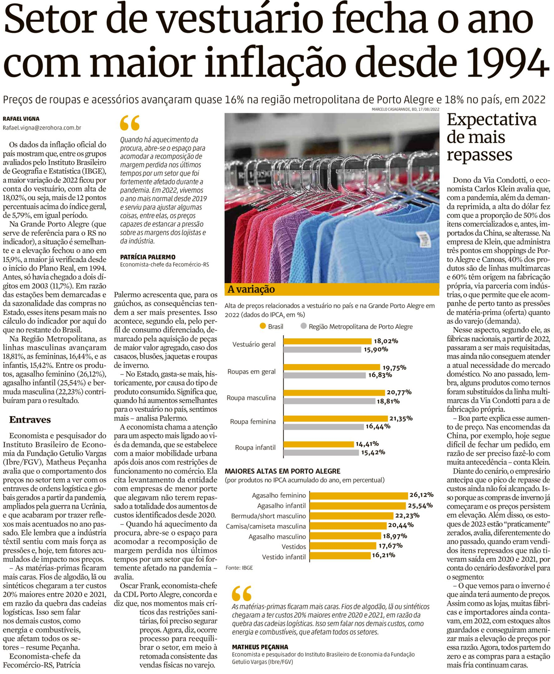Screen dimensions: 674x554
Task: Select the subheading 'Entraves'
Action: [x=30, y=419]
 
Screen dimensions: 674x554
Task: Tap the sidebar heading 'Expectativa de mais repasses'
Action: [x=491, y=137]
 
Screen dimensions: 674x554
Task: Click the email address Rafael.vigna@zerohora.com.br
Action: [x=42, y=128]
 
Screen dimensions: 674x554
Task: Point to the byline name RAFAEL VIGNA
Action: [x=21, y=119]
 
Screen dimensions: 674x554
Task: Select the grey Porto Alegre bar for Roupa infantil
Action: [x=321, y=452]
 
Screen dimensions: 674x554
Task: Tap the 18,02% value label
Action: [x=386, y=341]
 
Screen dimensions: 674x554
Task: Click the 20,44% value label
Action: [x=401, y=525]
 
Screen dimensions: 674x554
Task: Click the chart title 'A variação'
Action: [x=251, y=289]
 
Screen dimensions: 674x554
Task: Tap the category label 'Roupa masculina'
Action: [x=251, y=398]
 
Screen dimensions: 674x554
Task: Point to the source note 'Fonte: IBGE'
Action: [x=239, y=568]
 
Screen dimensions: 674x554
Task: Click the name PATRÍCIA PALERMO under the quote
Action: [x=148, y=257]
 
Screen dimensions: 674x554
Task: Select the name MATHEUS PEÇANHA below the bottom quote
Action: [x=260, y=647]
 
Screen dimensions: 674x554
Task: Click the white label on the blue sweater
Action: [x=423, y=239]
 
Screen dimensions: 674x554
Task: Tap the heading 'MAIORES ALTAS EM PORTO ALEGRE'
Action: [x=282, y=471]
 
